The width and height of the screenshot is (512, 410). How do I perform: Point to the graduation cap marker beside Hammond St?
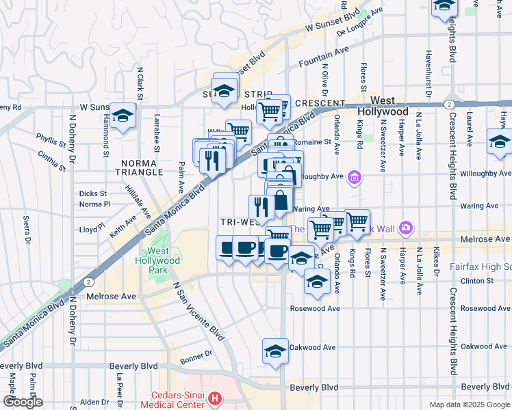123,115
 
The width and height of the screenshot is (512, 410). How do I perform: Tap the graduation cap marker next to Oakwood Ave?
275,351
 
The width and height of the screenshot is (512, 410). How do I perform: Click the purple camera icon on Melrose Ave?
406,227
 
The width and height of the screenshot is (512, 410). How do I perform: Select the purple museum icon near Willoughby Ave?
354,179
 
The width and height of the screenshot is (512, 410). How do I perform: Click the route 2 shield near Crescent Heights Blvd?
448,104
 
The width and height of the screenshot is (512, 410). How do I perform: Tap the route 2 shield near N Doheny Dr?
89,282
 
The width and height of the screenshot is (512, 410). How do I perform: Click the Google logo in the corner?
23,402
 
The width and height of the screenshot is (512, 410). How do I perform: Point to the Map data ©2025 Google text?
469,405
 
